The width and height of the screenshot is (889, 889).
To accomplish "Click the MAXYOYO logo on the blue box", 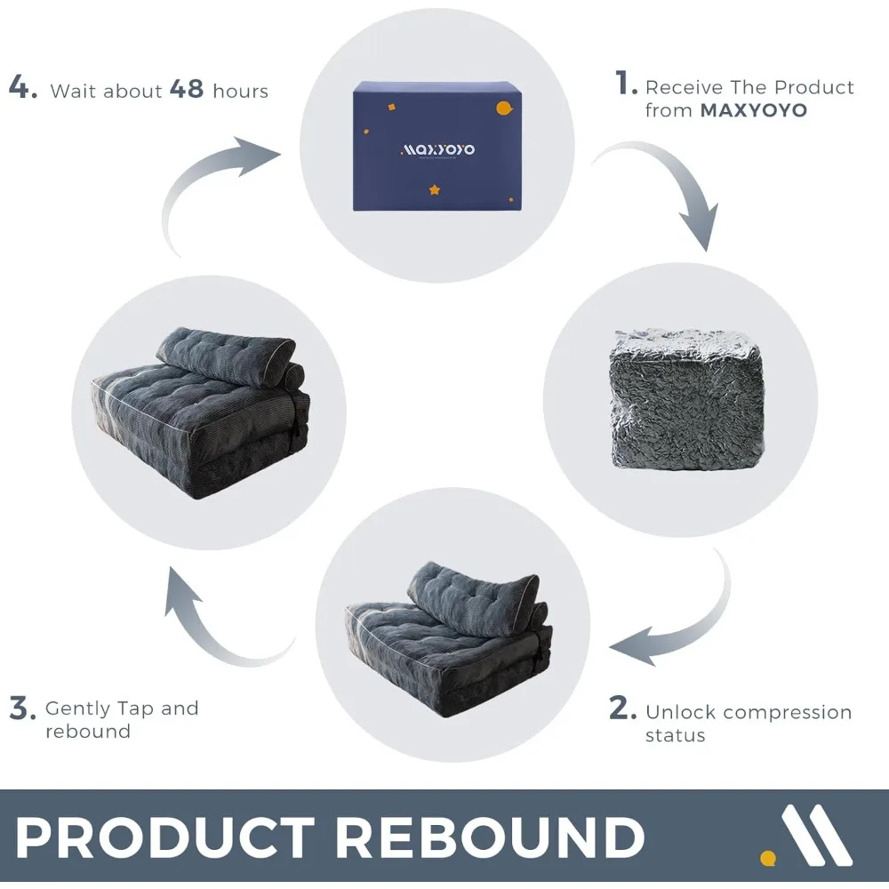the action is (x=438, y=148).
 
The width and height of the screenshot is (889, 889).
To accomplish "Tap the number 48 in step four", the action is (x=187, y=90).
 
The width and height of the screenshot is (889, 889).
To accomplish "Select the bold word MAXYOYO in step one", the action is (x=754, y=111).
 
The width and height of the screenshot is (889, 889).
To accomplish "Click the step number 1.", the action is (x=626, y=85).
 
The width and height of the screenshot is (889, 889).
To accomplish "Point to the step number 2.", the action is (x=622, y=709).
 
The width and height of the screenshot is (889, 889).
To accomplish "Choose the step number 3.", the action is (x=22, y=709).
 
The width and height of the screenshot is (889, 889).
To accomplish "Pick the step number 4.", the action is (x=22, y=89).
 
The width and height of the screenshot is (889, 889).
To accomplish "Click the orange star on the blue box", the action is (x=435, y=189).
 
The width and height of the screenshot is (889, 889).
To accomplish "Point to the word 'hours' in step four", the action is (x=240, y=91).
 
